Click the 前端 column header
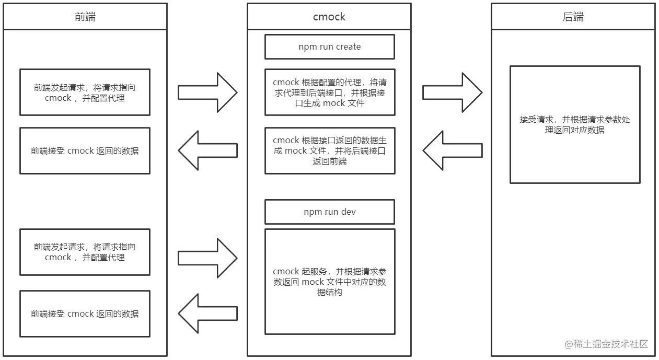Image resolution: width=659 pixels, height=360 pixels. [85, 17]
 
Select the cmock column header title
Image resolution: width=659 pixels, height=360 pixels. [329, 17]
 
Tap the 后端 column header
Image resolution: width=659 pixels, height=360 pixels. [573, 17]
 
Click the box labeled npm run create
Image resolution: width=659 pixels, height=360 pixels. [329, 47]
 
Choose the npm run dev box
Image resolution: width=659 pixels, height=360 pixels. [329, 212]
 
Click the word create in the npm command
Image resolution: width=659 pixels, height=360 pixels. [348, 47]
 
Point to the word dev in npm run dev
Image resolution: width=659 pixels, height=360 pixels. [348, 212]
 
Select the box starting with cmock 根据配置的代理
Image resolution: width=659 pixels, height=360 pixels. [329, 92]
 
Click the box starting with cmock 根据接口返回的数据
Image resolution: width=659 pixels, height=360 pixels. [329, 151]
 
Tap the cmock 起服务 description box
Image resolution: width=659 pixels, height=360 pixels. [329, 282]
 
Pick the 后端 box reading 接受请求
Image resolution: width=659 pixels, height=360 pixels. [575, 125]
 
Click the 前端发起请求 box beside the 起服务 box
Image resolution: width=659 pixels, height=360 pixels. [85, 252]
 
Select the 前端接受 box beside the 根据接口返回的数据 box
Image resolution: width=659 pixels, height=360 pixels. [85, 151]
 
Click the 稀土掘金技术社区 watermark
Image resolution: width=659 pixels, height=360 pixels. [606, 344]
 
